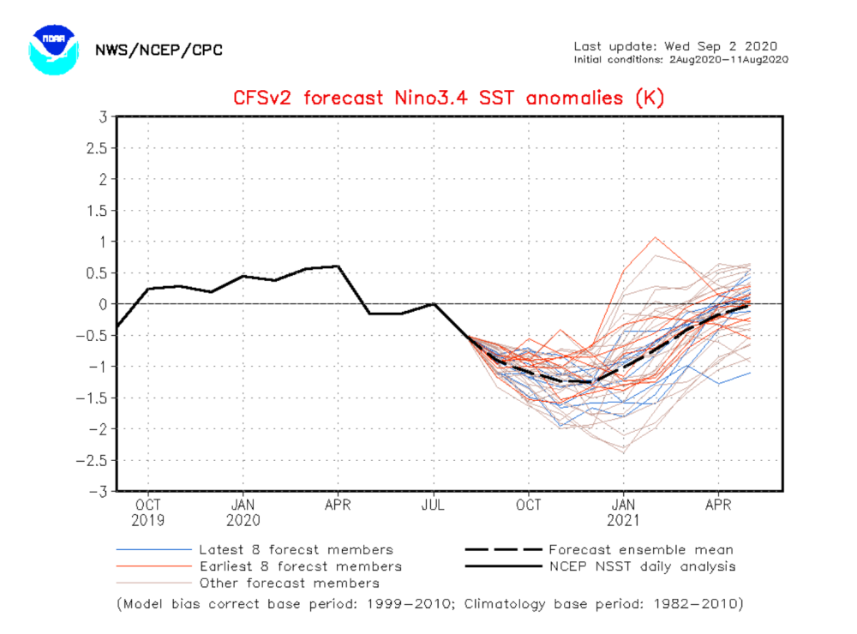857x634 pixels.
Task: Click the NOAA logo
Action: [53, 50]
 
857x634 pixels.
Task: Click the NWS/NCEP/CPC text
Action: [159, 51]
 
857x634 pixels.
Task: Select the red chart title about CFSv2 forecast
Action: [449, 98]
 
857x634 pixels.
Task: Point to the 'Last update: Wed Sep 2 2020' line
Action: [675, 46]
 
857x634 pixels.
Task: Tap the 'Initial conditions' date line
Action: [681, 60]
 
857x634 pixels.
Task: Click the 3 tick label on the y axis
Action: [103, 117]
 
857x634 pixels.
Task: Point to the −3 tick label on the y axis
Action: [98, 492]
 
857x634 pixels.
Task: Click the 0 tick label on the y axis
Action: [103, 304]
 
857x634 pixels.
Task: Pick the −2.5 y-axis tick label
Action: [92, 460]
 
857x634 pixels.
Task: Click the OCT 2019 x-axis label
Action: [147, 512]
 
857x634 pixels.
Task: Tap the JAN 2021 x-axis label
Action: [623, 512]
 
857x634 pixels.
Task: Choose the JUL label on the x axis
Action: [433, 505]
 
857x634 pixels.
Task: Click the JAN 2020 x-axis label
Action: [243, 512]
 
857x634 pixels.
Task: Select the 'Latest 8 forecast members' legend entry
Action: [255, 550]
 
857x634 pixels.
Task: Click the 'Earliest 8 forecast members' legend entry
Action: [259, 566]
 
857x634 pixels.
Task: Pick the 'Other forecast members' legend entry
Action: [248, 583]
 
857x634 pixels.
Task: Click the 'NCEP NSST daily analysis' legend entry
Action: [601, 566]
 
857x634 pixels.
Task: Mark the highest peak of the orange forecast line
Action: [656, 238]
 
